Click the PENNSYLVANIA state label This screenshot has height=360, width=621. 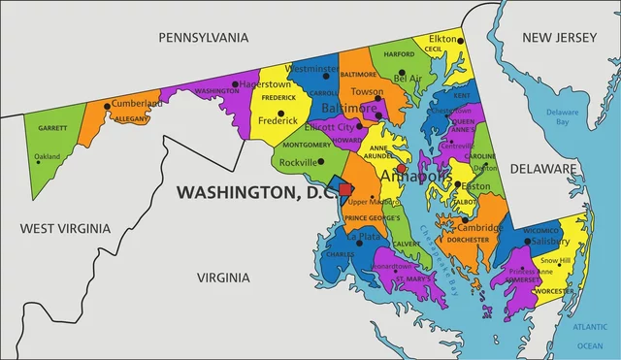coord(204,37)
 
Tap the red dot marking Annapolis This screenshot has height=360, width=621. coord(402,168)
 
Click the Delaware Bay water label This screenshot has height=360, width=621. coord(562,117)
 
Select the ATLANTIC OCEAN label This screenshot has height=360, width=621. coord(589,336)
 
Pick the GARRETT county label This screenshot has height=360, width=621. coord(52,128)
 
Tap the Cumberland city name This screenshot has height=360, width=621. coord(135,103)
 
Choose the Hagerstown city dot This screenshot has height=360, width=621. coord(235,84)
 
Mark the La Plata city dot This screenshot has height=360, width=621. coord(360,243)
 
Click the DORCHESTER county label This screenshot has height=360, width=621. coord(468,240)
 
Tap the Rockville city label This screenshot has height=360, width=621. coord(297,162)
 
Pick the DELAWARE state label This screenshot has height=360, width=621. coord(571,169)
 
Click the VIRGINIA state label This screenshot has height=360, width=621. coord(223,278)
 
